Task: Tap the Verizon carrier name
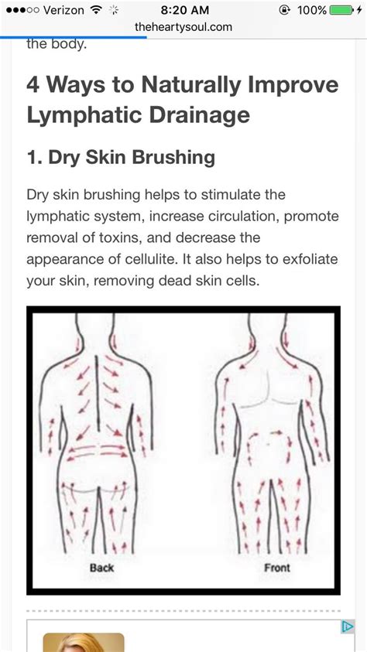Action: [x=64, y=9]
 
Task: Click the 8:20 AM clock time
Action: [x=185, y=9]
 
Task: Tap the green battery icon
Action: [x=341, y=9]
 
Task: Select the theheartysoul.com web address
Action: [x=183, y=27]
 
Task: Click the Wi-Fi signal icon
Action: [x=97, y=9]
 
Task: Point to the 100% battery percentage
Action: [x=312, y=9]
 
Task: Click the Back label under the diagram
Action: [x=101, y=568]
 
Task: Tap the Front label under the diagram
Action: [x=277, y=568]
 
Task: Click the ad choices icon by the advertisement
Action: [x=348, y=627]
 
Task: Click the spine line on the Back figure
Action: [x=98, y=393]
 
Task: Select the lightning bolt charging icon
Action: [x=359, y=9]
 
